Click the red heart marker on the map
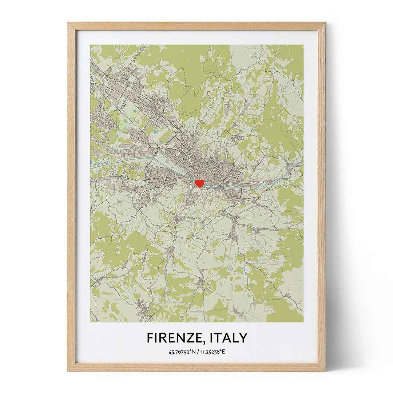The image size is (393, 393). [x=199, y=183]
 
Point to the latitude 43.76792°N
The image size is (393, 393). [x=182, y=352]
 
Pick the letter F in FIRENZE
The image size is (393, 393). [x=150, y=338]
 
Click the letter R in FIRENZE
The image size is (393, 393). [x=162, y=338]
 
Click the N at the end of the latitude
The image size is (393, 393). [x=193, y=352]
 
